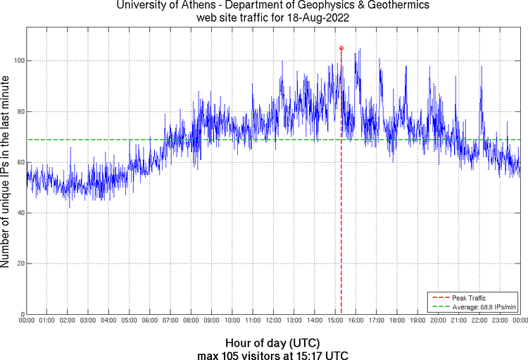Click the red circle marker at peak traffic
pos(341,48)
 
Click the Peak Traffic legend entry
pos(468,298)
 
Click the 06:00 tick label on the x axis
pos(150,321)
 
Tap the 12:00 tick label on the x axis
pos(273,321)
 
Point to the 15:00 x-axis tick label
pos(335,321)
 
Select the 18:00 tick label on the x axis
pos(397,321)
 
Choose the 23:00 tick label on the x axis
pos(500,321)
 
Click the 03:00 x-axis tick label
pos(88,321)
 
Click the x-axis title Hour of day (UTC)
pos(273,342)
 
